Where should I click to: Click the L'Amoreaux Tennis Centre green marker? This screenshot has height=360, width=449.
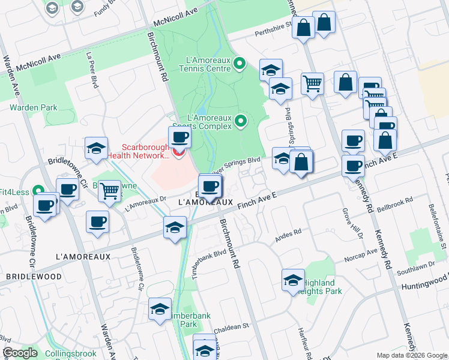(x=239, y=63)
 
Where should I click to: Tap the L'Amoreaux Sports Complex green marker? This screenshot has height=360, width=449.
(x=241, y=122)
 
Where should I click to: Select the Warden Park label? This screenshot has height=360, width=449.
(x=33, y=108)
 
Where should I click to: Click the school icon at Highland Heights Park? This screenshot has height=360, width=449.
(x=294, y=280)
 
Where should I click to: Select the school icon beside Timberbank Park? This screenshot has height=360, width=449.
(x=160, y=308)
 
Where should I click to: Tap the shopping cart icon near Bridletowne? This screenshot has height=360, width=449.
(x=109, y=191)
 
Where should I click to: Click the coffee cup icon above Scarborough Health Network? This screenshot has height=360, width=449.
(x=179, y=137)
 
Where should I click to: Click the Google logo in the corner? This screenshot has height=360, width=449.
(x=19, y=353)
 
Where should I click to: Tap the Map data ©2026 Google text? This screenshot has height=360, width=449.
(x=412, y=355)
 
